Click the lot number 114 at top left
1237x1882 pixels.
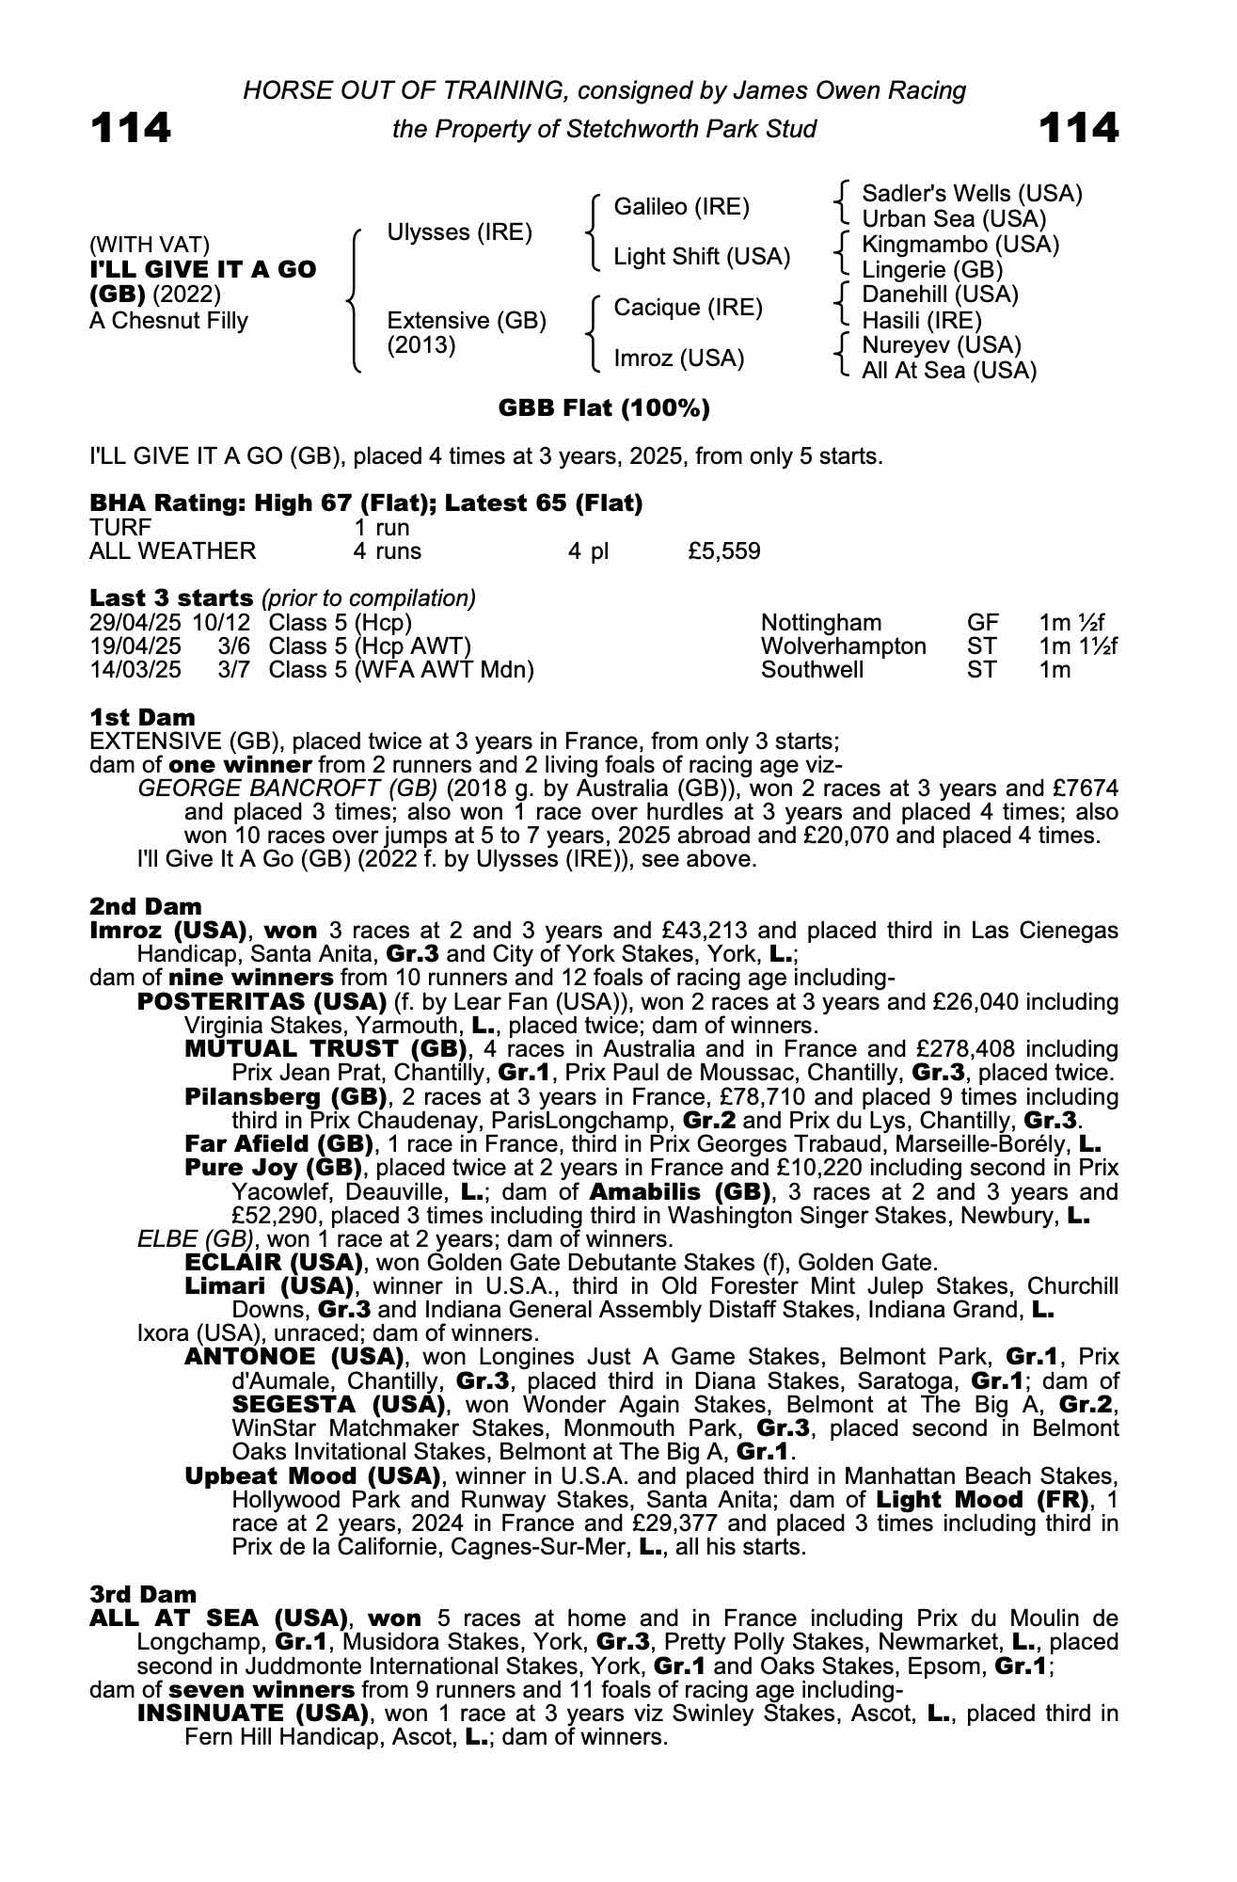tap(130, 128)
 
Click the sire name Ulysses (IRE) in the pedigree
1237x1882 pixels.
tap(460, 232)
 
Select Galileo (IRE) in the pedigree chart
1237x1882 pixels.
tap(681, 207)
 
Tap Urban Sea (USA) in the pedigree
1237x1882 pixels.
tap(954, 219)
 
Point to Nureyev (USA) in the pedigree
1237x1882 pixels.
tap(942, 345)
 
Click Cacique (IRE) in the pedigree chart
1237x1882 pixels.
tap(689, 308)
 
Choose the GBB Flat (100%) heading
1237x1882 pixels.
tap(604, 408)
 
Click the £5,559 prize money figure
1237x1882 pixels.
tap(724, 551)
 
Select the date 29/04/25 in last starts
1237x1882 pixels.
tap(135, 623)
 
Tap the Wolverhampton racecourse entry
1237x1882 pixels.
tap(843, 646)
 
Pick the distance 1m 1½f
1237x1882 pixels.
tap(1078, 646)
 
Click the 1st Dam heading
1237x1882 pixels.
tap(142, 718)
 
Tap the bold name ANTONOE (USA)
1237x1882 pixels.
tap(294, 1357)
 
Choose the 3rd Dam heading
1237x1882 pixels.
tap(143, 1594)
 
